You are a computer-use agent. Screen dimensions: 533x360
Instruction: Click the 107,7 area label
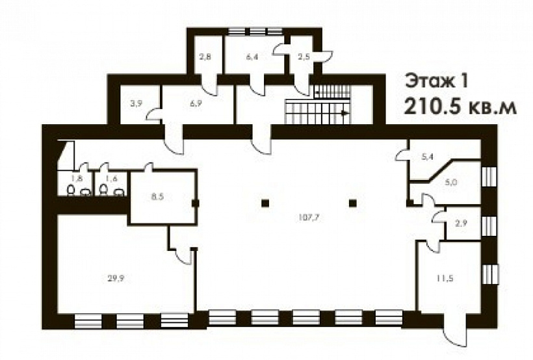[x=309, y=218]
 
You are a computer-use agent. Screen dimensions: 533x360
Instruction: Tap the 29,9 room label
[x=116, y=278]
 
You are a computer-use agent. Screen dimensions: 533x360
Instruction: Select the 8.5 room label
[x=157, y=196]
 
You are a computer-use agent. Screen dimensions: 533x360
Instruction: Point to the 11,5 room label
[x=445, y=278]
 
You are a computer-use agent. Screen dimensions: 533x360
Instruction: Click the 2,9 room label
[x=461, y=224]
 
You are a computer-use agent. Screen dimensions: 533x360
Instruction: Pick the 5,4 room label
[x=427, y=157]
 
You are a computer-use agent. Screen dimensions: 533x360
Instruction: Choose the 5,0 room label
[x=451, y=182]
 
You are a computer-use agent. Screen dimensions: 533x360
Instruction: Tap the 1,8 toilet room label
[x=77, y=179]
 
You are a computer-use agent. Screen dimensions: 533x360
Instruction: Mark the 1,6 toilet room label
[x=111, y=179]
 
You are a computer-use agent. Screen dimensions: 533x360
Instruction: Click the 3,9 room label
[x=136, y=104]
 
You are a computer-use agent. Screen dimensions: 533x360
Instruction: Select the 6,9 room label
[x=196, y=103]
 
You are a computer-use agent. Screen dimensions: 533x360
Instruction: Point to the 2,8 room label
[x=205, y=57]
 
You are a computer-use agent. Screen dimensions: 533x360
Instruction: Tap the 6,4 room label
[x=252, y=57]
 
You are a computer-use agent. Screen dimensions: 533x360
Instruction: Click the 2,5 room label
[x=304, y=57]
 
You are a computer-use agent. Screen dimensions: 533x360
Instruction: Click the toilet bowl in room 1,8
[x=71, y=190]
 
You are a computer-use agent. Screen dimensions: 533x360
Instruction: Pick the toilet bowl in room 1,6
[x=103, y=190]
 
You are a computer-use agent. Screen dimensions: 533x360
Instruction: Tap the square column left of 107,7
[x=265, y=203]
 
